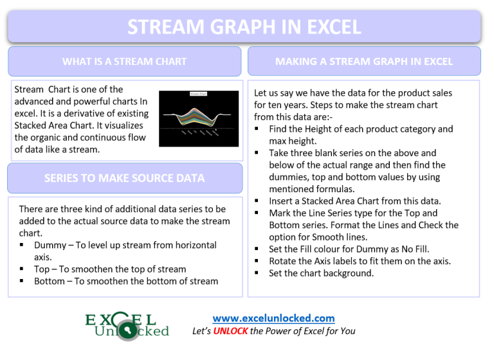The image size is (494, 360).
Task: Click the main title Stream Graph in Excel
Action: point(244,27)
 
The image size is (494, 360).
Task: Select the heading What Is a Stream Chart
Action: point(124,62)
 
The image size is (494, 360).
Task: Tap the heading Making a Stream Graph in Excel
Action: point(364,62)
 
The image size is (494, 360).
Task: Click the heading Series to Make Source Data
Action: point(124,178)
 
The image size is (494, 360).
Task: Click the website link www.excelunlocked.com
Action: point(273,318)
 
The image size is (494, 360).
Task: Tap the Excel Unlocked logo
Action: point(127,325)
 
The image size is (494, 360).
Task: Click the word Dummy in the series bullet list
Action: point(50,245)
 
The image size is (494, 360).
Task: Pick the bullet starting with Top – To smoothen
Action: point(109,269)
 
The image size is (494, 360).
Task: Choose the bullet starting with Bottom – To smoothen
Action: point(125,281)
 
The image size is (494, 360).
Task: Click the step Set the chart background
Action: point(321,273)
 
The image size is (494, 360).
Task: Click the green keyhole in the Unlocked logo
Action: point(133,331)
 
